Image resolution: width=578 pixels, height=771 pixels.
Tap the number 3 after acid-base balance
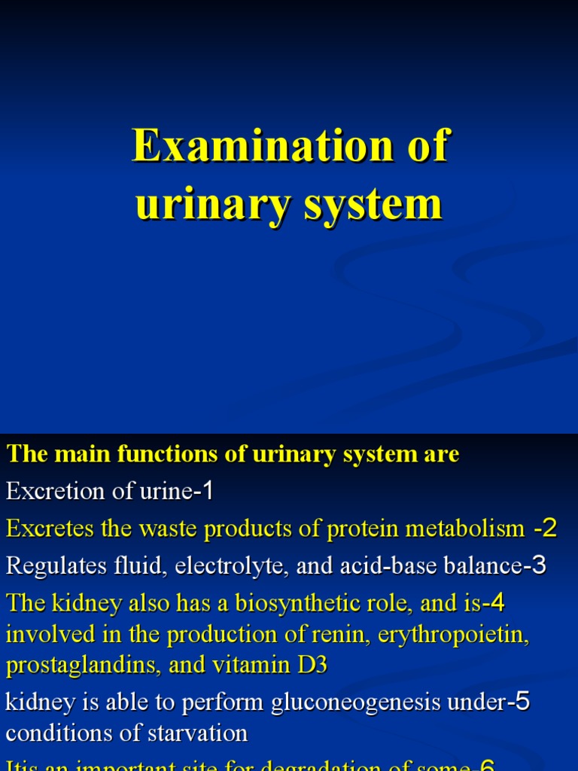[x=539, y=565]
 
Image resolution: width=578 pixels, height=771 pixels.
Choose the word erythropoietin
[x=454, y=635]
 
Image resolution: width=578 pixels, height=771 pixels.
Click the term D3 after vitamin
[x=311, y=666]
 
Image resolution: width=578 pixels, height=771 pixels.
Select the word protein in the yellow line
[x=360, y=529]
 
